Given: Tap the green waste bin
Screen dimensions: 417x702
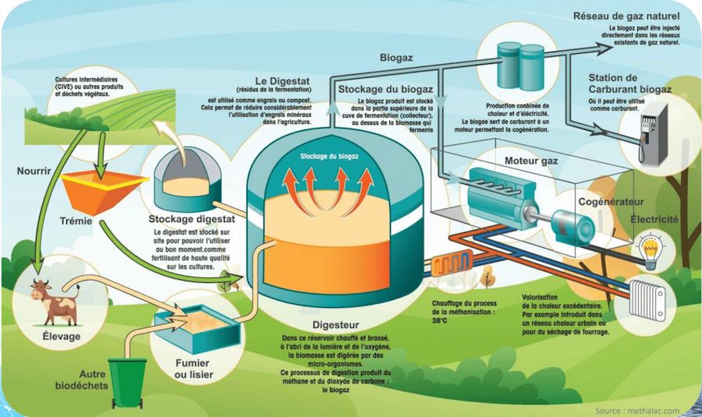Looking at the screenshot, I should pos(126,382).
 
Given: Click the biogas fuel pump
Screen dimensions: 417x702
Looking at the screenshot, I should pos(649,133).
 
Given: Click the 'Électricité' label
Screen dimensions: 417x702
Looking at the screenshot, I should pos(654,220).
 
